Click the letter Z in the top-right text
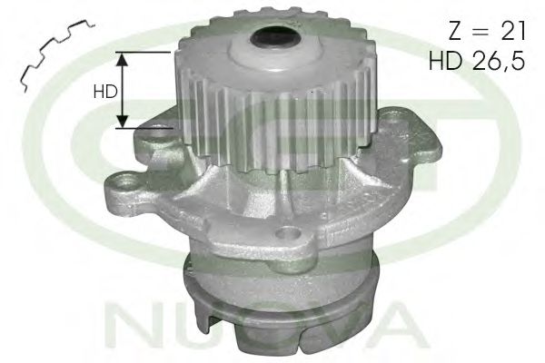tap(456, 31)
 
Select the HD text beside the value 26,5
tap(446, 61)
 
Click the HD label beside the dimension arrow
tap(105, 92)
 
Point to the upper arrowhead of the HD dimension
tap(122, 60)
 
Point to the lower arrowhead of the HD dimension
tap(122, 121)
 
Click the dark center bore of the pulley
tap(275, 37)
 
